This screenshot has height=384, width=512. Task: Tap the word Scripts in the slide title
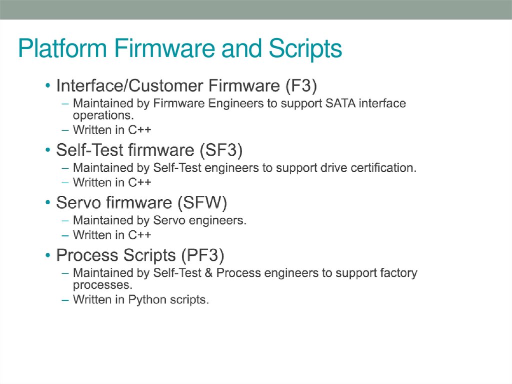click(305, 50)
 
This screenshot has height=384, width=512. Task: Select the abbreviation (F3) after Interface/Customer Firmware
click(301, 86)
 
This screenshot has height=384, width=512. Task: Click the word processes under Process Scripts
click(95, 285)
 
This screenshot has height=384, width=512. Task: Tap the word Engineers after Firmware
click(223, 104)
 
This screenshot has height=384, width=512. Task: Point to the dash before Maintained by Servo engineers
click(65, 221)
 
